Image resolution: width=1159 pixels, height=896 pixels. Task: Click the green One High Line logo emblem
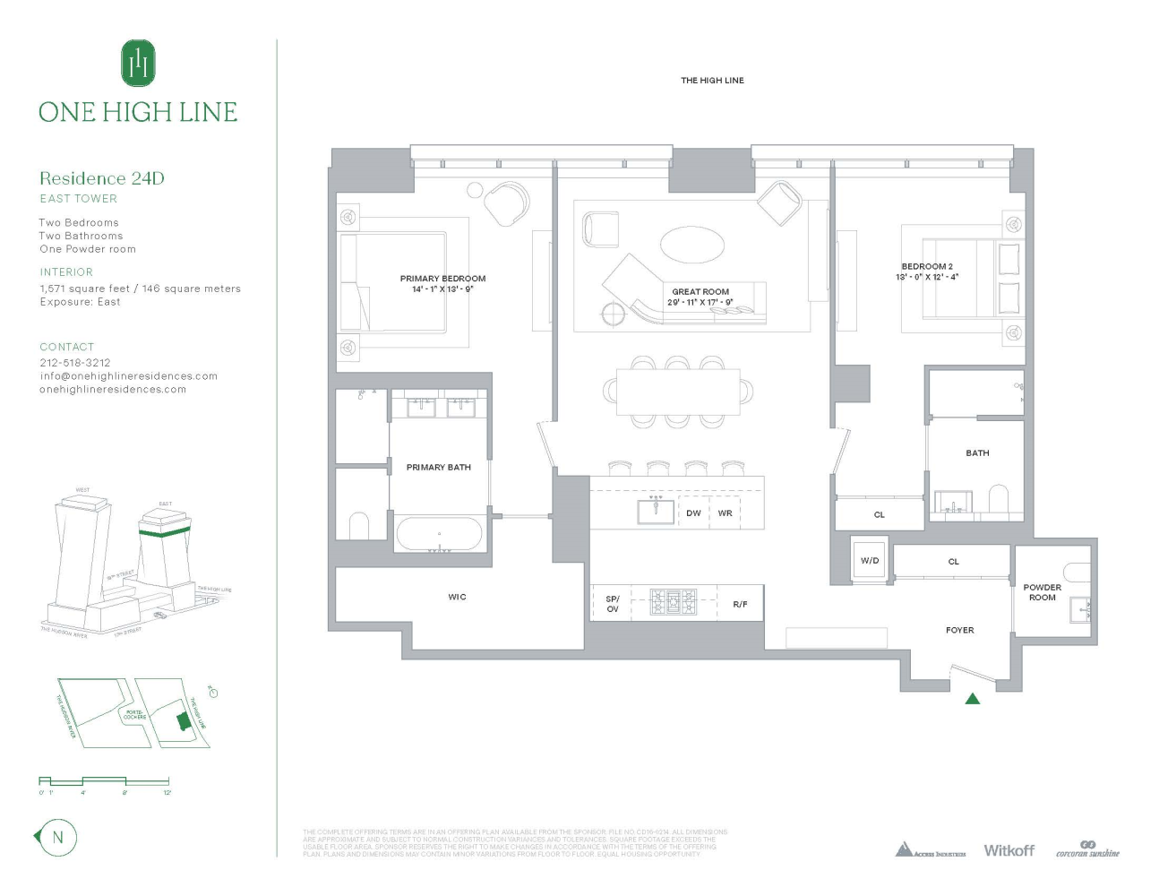(x=138, y=64)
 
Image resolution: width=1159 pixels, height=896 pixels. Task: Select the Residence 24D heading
(x=102, y=178)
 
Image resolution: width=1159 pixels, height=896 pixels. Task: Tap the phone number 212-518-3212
(x=75, y=363)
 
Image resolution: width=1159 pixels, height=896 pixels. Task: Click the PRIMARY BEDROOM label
(x=442, y=279)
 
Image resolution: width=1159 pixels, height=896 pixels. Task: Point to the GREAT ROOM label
(x=700, y=292)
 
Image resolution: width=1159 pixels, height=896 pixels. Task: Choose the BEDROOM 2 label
(x=927, y=267)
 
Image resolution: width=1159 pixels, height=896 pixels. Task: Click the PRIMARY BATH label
(x=438, y=468)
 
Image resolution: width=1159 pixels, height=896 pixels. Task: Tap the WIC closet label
(x=457, y=597)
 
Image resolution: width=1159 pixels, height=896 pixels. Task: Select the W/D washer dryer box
(x=870, y=561)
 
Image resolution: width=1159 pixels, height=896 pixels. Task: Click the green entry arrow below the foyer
(x=973, y=699)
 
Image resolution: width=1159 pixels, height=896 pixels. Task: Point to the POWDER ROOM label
(x=1042, y=592)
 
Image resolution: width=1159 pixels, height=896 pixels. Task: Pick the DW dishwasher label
(x=693, y=513)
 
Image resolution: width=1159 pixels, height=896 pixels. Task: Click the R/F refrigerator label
(x=740, y=605)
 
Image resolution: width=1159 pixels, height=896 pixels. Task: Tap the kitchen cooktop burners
(x=674, y=601)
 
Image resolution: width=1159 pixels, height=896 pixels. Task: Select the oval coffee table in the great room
(x=691, y=243)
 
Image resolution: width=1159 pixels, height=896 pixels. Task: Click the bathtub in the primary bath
(x=439, y=535)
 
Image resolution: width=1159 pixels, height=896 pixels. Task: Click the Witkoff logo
(x=1009, y=850)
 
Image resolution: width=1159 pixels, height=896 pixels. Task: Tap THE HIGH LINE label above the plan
(x=712, y=81)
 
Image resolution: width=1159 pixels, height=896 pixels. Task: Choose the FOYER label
(x=959, y=631)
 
